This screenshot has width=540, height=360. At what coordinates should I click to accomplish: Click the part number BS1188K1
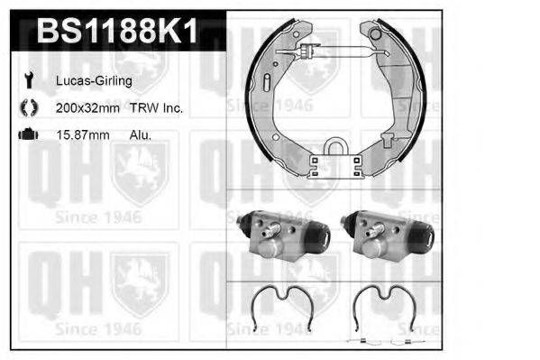click(115, 32)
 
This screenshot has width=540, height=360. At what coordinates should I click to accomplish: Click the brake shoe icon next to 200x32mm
click(27, 107)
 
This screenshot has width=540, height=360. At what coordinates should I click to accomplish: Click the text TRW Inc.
click(161, 108)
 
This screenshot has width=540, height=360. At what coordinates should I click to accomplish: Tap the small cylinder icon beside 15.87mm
click(27, 134)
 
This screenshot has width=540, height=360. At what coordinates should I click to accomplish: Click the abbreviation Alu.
click(141, 135)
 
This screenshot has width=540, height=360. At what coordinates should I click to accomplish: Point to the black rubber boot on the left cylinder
click(317, 236)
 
